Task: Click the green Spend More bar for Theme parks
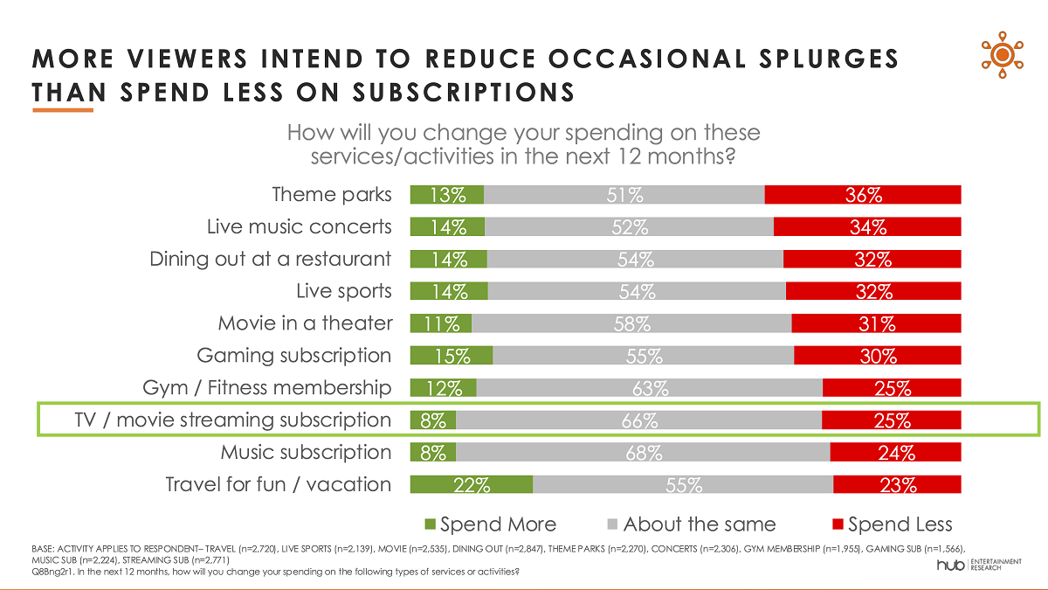(x=447, y=194)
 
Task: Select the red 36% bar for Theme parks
(x=863, y=194)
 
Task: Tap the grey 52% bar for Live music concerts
(x=629, y=226)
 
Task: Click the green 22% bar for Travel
(x=472, y=484)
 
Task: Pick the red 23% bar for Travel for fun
(x=897, y=484)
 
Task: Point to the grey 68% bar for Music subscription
(x=643, y=452)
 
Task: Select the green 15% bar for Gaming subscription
(x=452, y=356)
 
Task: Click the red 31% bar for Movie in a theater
(x=876, y=323)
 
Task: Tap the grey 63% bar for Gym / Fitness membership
(x=650, y=387)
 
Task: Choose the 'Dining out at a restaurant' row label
(x=271, y=259)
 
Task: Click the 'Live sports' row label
(x=344, y=291)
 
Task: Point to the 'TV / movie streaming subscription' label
(x=232, y=420)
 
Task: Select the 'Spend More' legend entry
(x=490, y=524)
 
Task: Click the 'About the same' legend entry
(x=691, y=524)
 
